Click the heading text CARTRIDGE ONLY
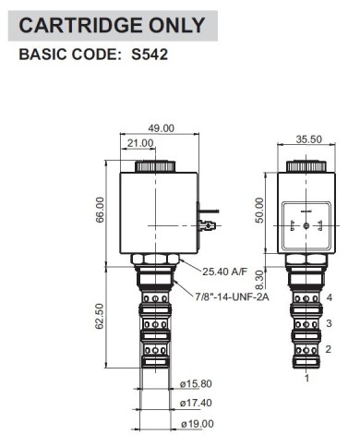tap(112, 25)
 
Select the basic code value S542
tap(150, 54)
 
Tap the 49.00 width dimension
tap(161, 128)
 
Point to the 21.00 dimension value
tap(140, 143)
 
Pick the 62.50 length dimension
tap(100, 316)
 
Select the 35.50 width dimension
tap(308, 139)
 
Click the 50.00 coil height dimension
tap(259, 211)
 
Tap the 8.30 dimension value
tap(260, 280)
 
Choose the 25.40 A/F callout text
tap(224, 272)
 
